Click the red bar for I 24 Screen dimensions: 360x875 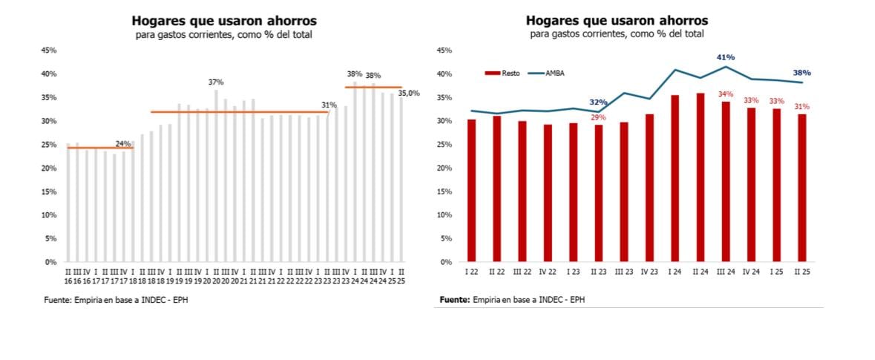[x=675, y=178]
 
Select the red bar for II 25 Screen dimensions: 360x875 [x=802, y=188]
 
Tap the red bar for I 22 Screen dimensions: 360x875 [x=471, y=190]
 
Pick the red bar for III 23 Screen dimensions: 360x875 [x=623, y=192]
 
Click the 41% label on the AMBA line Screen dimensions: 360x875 [x=725, y=57]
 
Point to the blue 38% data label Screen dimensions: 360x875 [x=802, y=73]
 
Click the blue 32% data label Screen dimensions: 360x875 [x=598, y=102]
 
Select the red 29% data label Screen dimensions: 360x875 [x=598, y=117]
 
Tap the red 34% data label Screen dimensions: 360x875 [x=725, y=94]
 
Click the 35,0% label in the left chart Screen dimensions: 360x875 [x=409, y=94]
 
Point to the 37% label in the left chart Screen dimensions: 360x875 [x=216, y=82]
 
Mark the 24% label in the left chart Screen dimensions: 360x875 [x=123, y=143]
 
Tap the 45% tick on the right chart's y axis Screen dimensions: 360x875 [x=444, y=50]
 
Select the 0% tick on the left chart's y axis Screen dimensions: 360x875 [x=51, y=262]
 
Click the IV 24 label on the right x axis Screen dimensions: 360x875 [x=750, y=272]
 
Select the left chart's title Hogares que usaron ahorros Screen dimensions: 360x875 [x=223, y=20]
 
